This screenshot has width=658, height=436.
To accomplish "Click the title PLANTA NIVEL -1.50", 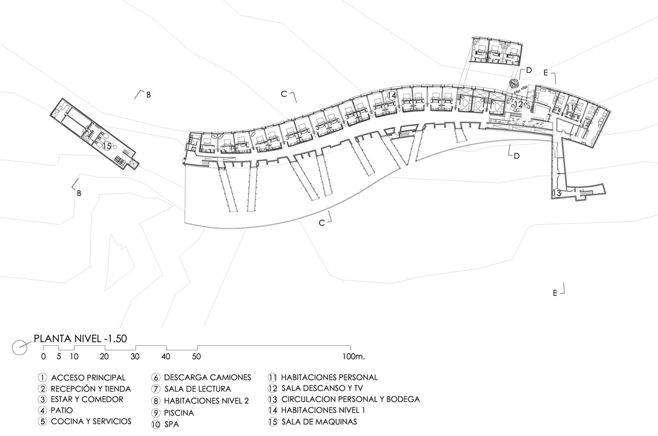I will tap(81, 339).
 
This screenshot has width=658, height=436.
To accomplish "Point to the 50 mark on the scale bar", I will tap(196, 356).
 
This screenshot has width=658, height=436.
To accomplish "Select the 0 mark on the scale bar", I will tap(43, 356).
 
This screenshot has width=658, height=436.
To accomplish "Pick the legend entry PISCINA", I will tap(178, 412).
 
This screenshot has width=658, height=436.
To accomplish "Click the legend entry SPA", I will tap(171, 424).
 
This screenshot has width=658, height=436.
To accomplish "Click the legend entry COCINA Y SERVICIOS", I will tap(91, 422).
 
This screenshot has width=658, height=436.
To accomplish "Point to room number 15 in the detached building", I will tap(107, 146).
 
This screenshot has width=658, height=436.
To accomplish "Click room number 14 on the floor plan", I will tap(391, 96).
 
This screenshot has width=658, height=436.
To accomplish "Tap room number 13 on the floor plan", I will tap(557, 193).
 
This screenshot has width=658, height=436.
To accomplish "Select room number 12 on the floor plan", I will tap(518, 104).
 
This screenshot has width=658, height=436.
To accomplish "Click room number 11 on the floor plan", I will tap(571, 108).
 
